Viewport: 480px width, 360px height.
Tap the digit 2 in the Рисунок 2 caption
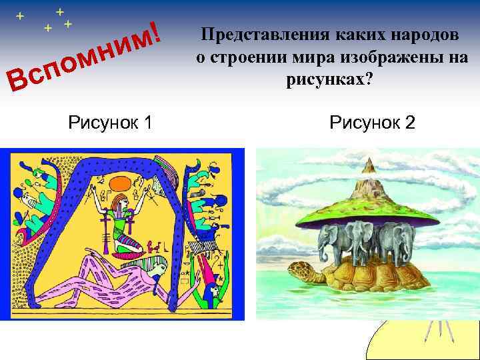409,123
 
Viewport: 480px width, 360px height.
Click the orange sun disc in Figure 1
121,181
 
